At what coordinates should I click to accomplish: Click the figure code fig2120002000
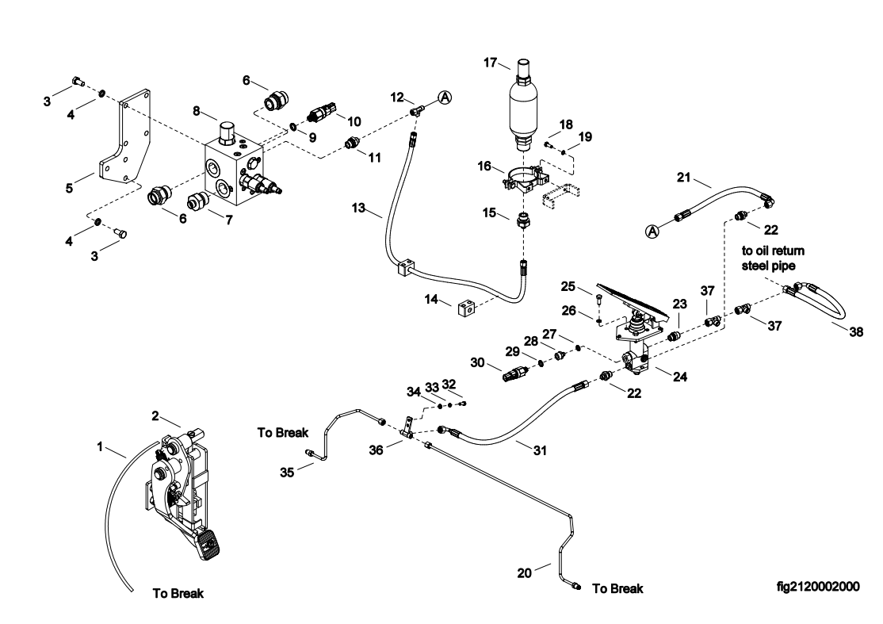818,587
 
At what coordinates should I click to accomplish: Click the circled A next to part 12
445,97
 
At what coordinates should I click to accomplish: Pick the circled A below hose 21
652,231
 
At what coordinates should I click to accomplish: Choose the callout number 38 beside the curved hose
855,333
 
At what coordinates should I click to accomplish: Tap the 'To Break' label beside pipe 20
617,588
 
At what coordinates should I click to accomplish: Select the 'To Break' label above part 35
283,434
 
